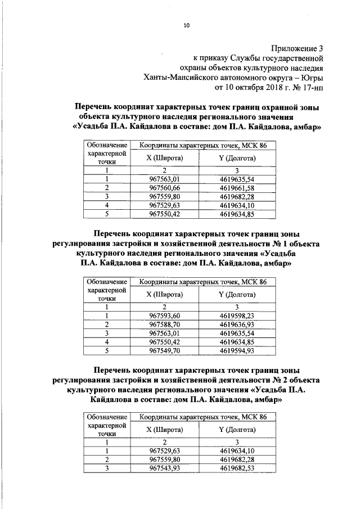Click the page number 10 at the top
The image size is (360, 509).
(x=187, y=25)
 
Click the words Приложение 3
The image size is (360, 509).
(x=299, y=47)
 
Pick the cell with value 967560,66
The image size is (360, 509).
(x=164, y=187)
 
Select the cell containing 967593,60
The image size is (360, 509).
(x=164, y=316)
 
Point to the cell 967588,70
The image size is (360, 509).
(x=164, y=325)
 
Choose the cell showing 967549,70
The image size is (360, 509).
(x=164, y=350)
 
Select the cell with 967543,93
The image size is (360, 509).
(x=164, y=468)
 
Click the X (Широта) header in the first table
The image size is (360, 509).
(x=164, y=159)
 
